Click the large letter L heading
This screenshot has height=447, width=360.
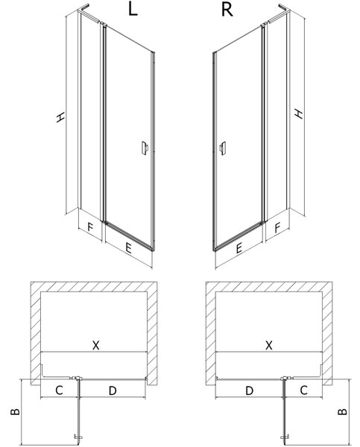point(133,10)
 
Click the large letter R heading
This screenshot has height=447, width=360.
point(227,10)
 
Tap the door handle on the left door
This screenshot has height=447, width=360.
point(145,148)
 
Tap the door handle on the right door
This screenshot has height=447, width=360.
point(223,148)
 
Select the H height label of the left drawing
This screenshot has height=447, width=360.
point(60,117)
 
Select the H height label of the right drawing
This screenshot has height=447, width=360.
point(299,113)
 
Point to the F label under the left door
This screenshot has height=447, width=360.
point(90,227)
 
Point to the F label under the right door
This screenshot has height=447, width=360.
point(277,228)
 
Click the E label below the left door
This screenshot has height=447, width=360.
point(128,248)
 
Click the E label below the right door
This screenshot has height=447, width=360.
point(239,248)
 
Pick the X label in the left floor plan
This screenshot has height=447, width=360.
point(96,345)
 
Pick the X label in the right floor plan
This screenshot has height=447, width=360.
point(269,345)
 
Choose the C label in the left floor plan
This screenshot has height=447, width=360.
point(59,390)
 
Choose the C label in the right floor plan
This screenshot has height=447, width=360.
point(304,390)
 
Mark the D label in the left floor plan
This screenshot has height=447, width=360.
point(113,390)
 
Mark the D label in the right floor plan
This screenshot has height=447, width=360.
point(250,390)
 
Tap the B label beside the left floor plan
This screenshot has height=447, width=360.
point(15,411)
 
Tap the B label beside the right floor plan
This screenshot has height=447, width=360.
point(342,411)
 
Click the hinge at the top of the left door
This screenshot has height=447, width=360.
point(104,25)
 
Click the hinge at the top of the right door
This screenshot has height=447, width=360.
point(264,25)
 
